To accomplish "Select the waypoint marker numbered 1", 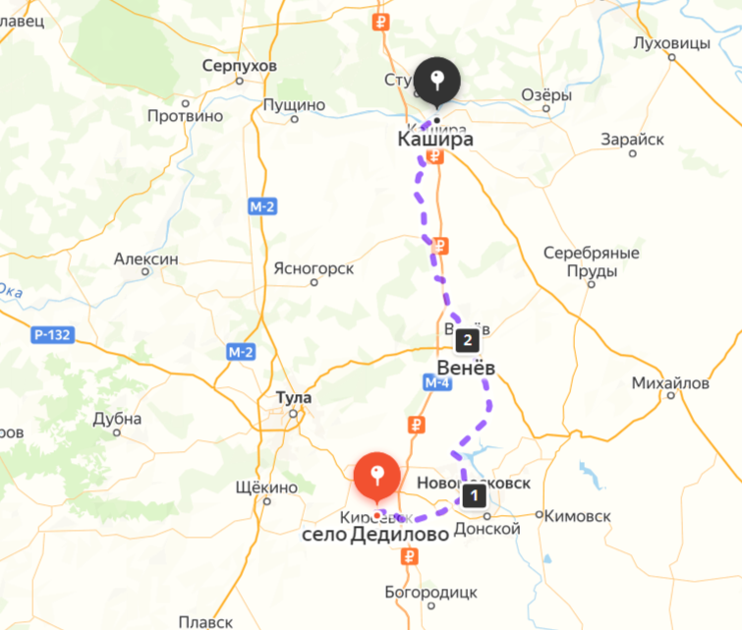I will [475, 496].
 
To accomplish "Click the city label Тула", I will [294, 398].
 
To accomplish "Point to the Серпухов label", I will [239, 66].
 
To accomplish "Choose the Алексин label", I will [145, 259].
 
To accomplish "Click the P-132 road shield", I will [51, 335].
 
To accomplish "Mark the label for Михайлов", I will [670, 382].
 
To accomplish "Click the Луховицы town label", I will [671, 43].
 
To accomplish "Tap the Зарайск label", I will [632, 140].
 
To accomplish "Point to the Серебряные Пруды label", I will [591, 261].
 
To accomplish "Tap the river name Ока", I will [11, 291].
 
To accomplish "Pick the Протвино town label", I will [185, 116].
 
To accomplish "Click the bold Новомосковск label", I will [474, 483].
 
